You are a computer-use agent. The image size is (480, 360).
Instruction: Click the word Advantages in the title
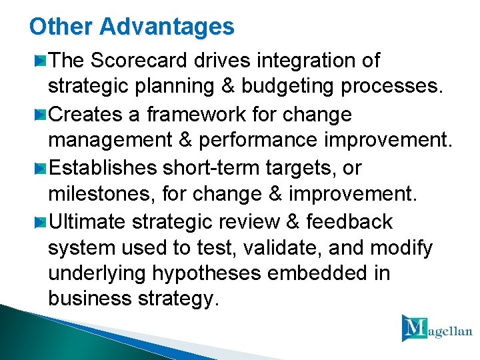point(167,27)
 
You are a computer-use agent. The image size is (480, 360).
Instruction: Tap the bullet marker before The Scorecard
point(41,61)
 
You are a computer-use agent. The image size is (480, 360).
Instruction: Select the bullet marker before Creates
point(41,115)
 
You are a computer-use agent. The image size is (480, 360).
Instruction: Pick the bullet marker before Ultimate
point(41,221)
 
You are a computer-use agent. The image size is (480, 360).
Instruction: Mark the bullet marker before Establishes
point(41,168)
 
